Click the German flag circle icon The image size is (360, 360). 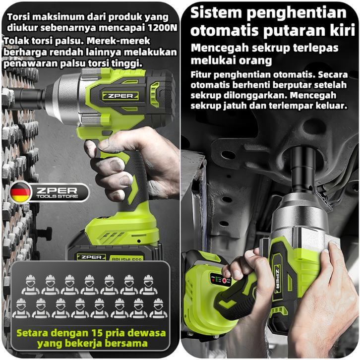pyautogui.click(x=20, y=192)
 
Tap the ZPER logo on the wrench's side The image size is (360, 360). pyautogui.click(x=120, y=96)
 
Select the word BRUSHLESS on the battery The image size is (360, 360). pyautogui.click(x=126, y=259)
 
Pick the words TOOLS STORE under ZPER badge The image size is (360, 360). pyautogui.click(x=57, y=196)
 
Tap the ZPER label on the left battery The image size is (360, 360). pyautogui.click(x=91, y=257)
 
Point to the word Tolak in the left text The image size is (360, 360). pyautogui.click(x=16, y=41)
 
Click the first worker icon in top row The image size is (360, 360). pyautogui.click(x=30, y=285)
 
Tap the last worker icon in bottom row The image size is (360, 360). pyautogui.click(x=158, y=308)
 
